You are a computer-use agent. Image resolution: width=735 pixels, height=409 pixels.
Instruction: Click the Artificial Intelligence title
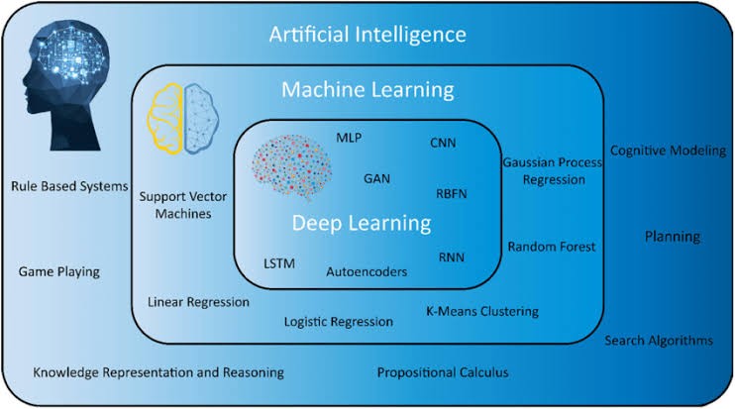pyautogui.click(x=368, y=36)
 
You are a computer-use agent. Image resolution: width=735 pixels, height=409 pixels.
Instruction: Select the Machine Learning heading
pyautogui.click(x=368, y=90)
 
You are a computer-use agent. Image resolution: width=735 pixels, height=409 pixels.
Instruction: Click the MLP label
pyautogui.click(x=350, y=137)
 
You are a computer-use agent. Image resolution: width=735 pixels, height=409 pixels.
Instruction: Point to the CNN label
pyautogui.click(x=443, y=144)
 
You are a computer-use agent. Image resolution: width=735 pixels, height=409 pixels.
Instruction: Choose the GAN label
pyautogui.click(x=376, y=179)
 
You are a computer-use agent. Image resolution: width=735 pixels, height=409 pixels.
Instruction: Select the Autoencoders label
pyautogui.click(x=366, y=270)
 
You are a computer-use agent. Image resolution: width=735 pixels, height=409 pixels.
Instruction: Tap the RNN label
pyautogui.click(x=451, y=257)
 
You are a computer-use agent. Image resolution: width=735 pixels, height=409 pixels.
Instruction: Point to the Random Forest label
pyautogui.click(x=552, y=247)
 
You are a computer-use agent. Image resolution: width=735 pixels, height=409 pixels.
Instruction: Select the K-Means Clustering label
pyautogui.click(x=482, y=311)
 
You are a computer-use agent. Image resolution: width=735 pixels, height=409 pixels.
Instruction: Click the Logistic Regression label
pyautogui.click(x=338, y=322)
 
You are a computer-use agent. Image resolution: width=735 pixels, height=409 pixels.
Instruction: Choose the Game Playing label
pyautogui.click(x=59, y=271)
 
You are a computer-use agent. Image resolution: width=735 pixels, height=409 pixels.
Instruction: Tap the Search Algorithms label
pyautogui.click(x=659, y=341)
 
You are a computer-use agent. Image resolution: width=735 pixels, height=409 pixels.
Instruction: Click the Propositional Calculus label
pyautogui.click(x=442, y=372)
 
